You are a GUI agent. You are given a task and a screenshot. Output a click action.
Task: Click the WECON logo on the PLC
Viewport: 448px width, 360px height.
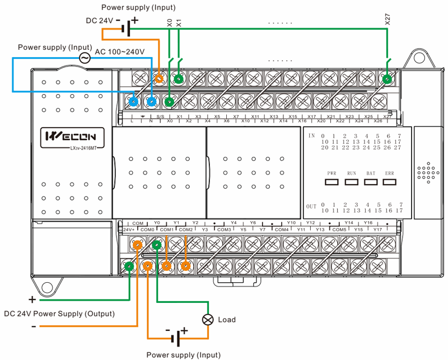click(x=69, y=135)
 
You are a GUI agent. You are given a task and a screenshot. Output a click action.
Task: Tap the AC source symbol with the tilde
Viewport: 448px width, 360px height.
click(x=85, y=58)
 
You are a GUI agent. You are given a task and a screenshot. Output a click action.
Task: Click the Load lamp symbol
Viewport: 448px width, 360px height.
click(x=208, y=320)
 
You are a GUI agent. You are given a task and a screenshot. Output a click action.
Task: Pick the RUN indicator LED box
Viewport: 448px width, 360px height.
click(x=352, y=182)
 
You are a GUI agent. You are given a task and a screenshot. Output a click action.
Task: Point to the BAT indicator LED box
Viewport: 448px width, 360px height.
click(x=371, y=182)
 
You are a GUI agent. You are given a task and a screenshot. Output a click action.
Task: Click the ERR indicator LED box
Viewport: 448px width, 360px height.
click(x=390, y=182)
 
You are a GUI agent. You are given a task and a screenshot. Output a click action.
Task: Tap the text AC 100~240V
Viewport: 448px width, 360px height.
click(x=119, y=52)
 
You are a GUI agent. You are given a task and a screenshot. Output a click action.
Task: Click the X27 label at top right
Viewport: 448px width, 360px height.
click(x=388, y=18)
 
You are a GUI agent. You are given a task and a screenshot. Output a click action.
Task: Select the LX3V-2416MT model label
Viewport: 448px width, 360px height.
click(x=69, y=148)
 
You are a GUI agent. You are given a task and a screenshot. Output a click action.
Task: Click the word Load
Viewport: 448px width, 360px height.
click(x=227, y=320)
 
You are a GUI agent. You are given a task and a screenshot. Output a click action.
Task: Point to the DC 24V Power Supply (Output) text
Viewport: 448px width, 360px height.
click(x=59, y=314)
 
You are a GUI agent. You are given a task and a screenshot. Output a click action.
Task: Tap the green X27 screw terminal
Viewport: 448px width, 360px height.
click(x=386, y=80)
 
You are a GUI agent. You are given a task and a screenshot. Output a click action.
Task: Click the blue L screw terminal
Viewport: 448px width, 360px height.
click(x=133, y=101)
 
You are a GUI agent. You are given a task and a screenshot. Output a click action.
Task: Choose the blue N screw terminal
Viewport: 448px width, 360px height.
click(x=151, y=101)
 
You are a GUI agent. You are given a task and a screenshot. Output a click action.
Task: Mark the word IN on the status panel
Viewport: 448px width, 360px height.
click(x=311, y=136)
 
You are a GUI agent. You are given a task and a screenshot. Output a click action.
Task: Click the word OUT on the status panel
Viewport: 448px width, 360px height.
click(x=311, y=206)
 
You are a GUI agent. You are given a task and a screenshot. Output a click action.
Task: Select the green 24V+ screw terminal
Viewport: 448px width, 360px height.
click(x=129, y=267)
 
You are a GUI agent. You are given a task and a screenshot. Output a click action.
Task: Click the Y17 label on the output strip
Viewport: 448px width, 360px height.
click(x=377, y=230)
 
